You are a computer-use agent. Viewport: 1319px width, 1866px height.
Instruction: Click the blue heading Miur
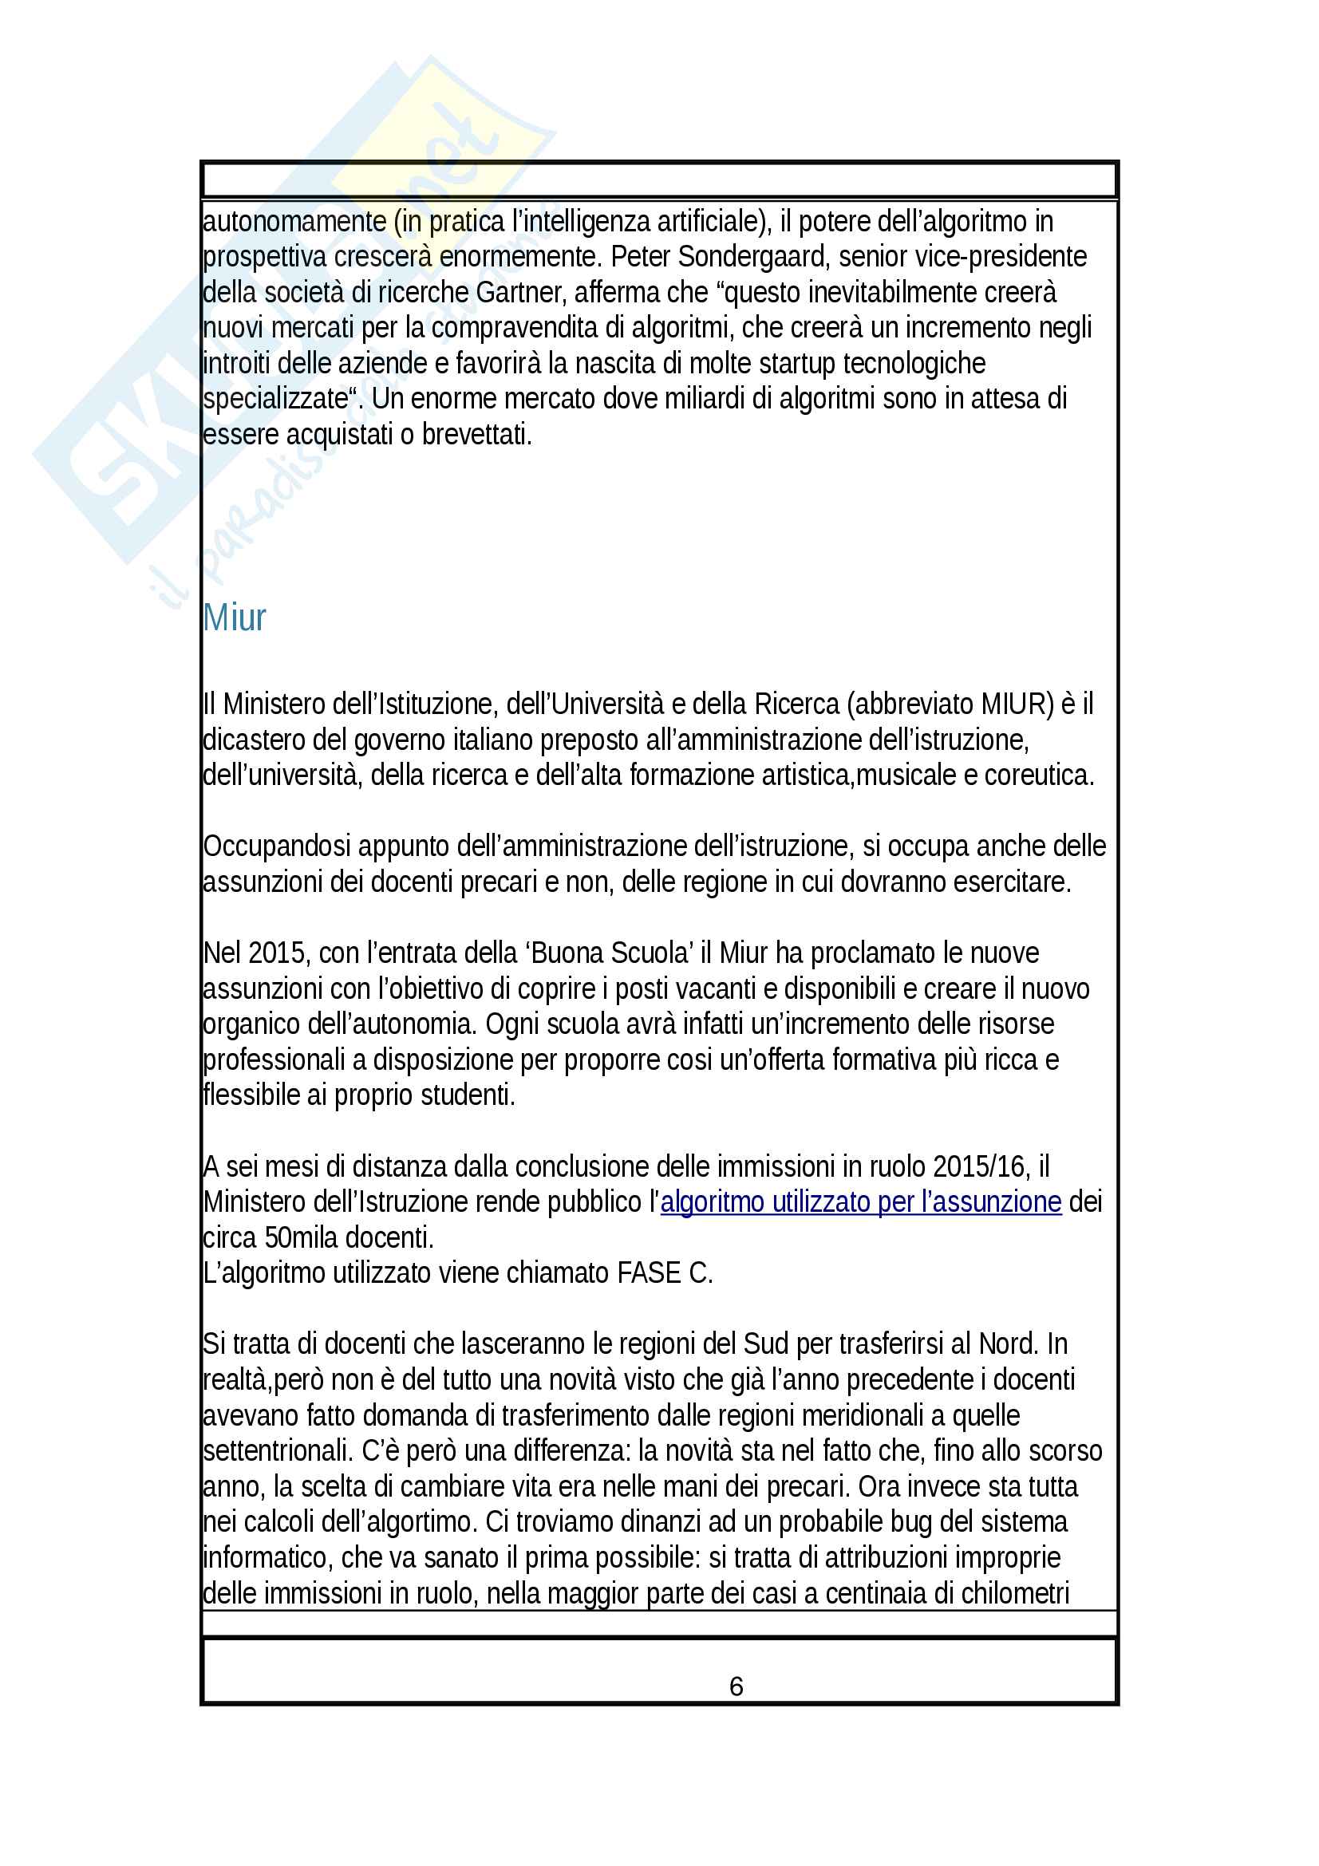pyautogui.click(x=234, y=617)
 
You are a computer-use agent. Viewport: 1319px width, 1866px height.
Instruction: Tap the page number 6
pyautogui.click(x=737, y=1687)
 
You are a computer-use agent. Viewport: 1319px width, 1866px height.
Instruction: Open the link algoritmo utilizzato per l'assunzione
pyautogui.click(x=861, y=1202)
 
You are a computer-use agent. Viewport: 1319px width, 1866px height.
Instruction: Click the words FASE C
pyautogui.click(x=664, y=1272)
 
